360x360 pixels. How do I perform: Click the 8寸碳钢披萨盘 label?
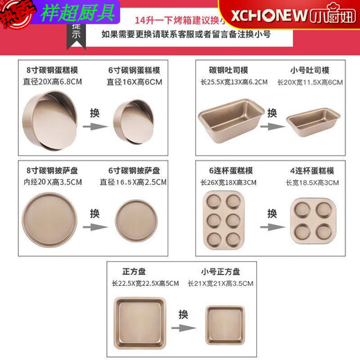[x=53, y=170]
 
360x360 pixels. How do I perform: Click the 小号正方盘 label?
[x=221, y=271]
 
